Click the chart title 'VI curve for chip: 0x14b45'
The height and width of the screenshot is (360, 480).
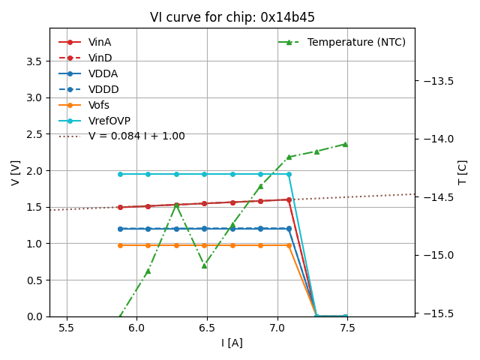point(232,17)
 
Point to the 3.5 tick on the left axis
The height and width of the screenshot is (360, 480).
point(34,61)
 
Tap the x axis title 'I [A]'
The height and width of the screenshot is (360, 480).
point(232,343)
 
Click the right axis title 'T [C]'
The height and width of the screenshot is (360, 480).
point(462,172)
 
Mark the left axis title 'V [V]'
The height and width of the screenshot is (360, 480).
point(16,172)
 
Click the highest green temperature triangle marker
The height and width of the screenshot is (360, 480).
point(345,144)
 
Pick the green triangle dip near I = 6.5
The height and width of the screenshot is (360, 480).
point(204,265)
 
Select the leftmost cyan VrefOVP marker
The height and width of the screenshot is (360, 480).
point(120,174)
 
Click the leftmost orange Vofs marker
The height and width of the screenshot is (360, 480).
point(120,245)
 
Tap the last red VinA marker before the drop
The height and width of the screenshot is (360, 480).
point(289,199)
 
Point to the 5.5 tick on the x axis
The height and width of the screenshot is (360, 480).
point(67,328)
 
